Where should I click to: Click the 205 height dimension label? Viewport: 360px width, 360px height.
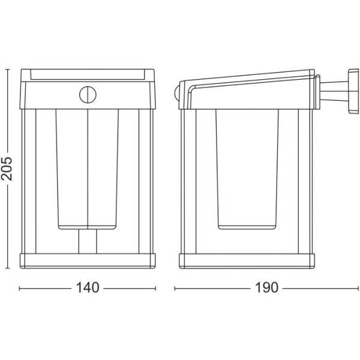point(7,168)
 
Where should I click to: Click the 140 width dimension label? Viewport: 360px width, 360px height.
point(88,287)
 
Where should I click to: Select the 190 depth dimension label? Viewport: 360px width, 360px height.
point(266,287)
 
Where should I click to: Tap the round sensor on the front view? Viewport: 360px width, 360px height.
point(88,95)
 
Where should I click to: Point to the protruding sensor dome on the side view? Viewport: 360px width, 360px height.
point(177,92)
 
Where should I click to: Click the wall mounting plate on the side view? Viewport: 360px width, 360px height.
point(353,91)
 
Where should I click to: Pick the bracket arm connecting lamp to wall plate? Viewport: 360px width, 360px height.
point(334,91)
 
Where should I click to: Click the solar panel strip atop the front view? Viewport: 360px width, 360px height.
point(88,74)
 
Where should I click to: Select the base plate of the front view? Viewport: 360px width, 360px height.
point(88,261)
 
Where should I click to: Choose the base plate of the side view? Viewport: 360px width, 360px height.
point(247,261)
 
